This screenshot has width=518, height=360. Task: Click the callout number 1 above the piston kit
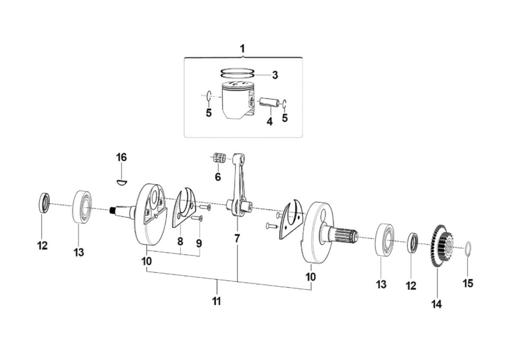242,49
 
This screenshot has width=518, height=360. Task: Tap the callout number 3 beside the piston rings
275,75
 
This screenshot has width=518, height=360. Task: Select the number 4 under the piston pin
270,122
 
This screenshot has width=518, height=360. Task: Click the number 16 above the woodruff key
121,157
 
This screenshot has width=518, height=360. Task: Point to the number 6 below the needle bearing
218,177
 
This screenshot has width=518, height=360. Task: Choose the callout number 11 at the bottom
216,301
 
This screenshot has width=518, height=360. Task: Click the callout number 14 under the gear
436,304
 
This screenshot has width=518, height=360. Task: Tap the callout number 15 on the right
468,283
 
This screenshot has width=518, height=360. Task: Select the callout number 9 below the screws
199,243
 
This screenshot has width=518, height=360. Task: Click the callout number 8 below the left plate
180,242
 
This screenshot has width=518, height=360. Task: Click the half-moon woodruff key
122,183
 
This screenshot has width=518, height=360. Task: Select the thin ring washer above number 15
467,249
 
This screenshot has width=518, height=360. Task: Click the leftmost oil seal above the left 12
44,203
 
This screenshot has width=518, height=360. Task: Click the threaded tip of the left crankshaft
112,210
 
